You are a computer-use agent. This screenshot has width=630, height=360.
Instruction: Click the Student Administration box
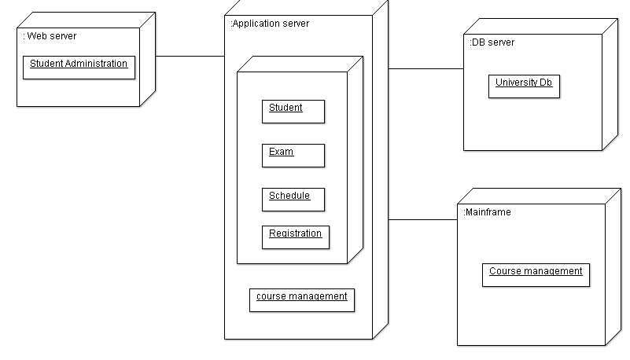pos(79,67)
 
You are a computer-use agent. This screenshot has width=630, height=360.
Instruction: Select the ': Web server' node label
pos(50,36)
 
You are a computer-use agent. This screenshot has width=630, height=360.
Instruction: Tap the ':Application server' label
pos(270,24)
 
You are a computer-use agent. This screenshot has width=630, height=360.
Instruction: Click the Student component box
pos(293,112)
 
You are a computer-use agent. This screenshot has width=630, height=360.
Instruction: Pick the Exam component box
pos(293,155)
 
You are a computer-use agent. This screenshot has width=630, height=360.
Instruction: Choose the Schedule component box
pos(293,199)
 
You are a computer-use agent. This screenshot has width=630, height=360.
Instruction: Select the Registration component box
pos(295,237)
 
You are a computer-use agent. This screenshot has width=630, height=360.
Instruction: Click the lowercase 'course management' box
pos(301,299)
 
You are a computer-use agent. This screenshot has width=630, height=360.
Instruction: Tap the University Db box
pos(524,86)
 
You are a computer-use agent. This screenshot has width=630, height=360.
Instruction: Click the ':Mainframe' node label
pos(487,212)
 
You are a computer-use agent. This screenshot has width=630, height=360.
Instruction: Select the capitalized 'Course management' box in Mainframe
pos(536,275)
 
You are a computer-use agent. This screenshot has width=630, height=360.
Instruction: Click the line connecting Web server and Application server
pos(190,56)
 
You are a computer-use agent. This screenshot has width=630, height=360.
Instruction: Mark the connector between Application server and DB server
pos(426,68)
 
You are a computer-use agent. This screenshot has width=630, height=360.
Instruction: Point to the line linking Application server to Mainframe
pos(422,219)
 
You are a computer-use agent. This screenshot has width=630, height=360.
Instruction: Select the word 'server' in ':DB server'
pos(501,42)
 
